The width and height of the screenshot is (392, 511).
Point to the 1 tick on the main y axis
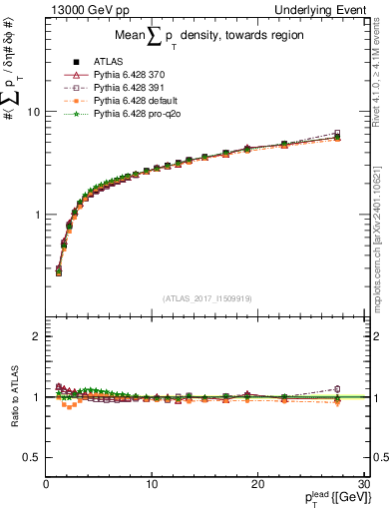(37, 215)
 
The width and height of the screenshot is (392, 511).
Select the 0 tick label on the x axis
(46, 485)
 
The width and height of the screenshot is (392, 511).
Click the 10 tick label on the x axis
(151, 485)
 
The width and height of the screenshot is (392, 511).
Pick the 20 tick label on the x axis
(256, 485)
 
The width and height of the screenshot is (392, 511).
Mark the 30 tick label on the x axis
(362, 485)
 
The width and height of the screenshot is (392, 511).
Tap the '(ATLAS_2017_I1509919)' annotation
(205, 298)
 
